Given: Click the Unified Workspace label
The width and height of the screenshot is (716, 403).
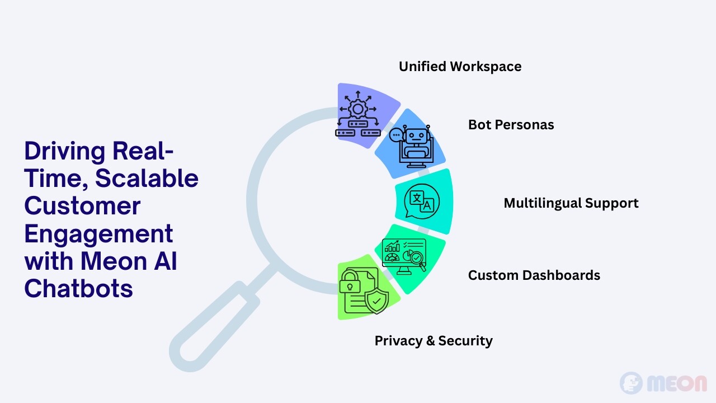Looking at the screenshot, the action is click(460, 67).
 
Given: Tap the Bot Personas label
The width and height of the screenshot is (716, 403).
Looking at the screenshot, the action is click(511, 125).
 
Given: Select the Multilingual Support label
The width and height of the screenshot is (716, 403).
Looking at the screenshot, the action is click(571, 203).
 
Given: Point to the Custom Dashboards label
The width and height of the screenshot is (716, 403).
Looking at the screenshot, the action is click(534, 275).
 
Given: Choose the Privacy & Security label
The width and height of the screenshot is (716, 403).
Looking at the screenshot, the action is click(434, 341).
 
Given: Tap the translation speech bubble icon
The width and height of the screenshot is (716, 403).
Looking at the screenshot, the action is click(422, 201).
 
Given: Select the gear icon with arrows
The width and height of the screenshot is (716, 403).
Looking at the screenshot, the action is click(357, 114).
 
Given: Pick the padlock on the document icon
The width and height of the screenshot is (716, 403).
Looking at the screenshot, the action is click(350, 282).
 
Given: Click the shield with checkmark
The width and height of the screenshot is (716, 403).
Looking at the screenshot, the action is click(376, 301).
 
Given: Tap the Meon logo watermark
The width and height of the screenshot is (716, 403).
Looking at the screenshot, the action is click(663, 383).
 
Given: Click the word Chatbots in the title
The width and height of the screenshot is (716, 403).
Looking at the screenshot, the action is click(78, 288).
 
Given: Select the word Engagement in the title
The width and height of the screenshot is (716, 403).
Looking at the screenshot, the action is click(98, 235).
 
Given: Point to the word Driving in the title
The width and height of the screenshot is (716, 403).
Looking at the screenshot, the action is click(64, 152).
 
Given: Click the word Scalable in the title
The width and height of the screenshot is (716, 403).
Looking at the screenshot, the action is click(147, 178).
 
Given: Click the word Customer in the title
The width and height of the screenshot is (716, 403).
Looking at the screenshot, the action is click(82, 206).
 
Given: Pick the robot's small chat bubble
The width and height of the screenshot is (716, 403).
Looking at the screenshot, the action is click(395, 135).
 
